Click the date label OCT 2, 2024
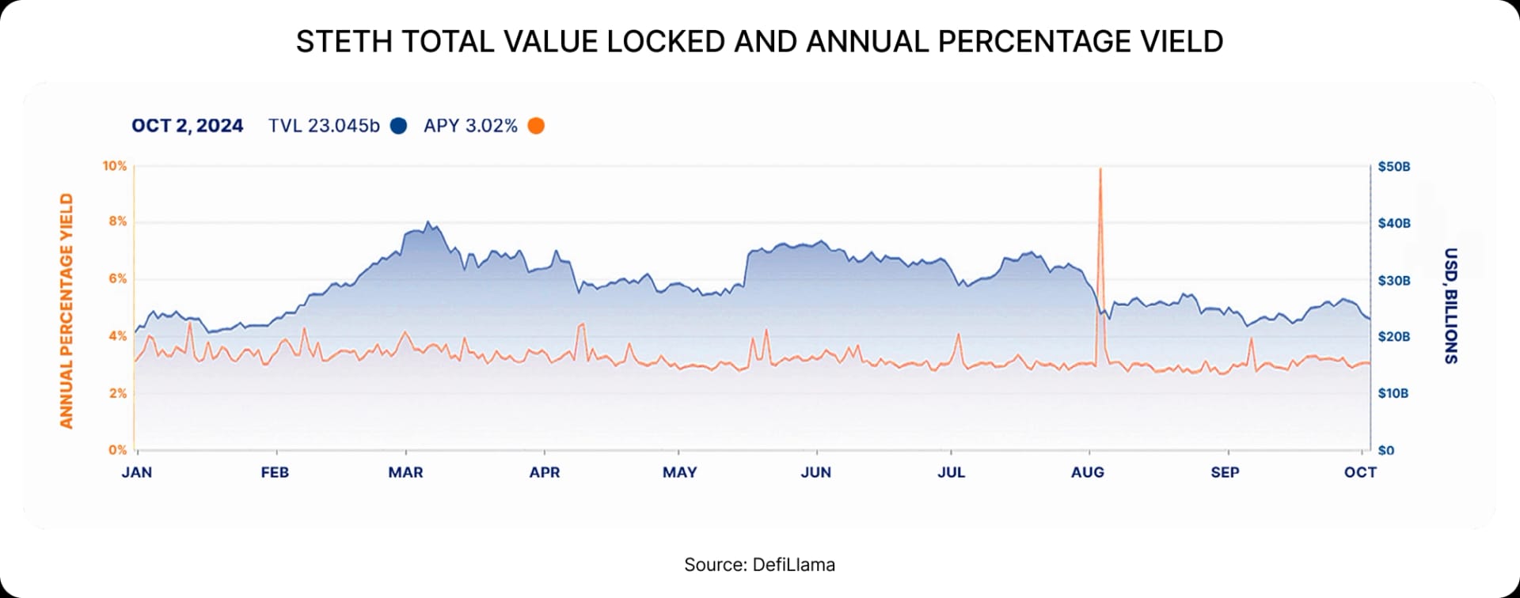[x=187, y=126]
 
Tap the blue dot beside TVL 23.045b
[x=399, y=126]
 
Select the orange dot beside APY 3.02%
[x=536, y=126]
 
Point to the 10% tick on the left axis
[x=114, y=166]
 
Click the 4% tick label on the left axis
[x=117, y=336]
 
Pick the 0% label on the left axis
[x=117, y=450]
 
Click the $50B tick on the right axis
[x=1393, y=167]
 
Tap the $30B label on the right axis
[x=1393, y=281]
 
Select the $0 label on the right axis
[x=1385, y=451]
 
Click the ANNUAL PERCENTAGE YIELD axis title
[x=66, y=311]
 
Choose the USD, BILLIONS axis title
[x=1450, y=306]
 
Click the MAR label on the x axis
[x=405, y=472]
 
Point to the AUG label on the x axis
[x=1087, y=472]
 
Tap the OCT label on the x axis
[x=1360, y=472]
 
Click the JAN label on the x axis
[x=136, y=472]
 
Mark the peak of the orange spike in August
[x=1100, y=169]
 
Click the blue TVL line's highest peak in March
[x=427, y=222]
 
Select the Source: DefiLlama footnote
[x=759, y=565]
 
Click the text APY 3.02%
[x=470, y=126]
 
